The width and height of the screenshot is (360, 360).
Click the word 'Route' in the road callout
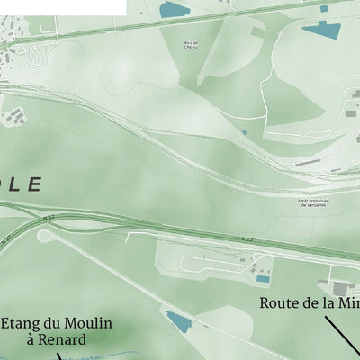click(280, 303)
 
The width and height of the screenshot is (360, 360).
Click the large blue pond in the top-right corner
click(322, 28)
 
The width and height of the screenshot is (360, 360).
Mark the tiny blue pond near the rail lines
click(243, 132)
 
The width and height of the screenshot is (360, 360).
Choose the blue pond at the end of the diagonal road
click(178, 321)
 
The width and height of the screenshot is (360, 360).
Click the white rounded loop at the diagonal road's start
click(46, 236)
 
